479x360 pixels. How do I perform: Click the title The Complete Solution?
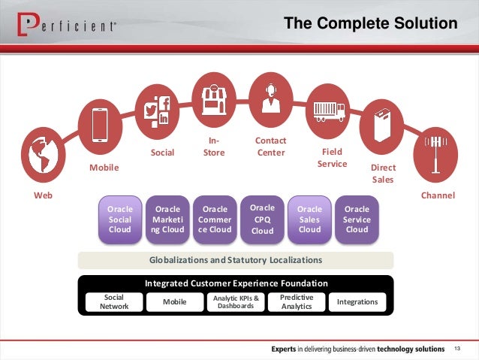371,25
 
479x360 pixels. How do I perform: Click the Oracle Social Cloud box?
120,219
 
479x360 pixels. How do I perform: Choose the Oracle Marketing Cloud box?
167,219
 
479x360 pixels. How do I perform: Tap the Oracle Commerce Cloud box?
215,219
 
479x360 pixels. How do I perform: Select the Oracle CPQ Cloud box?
262,219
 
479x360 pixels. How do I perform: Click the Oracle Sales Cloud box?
309,219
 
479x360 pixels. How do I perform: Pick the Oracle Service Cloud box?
357,219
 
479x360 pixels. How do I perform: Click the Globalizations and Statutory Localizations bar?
236,260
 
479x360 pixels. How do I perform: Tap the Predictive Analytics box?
297,302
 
